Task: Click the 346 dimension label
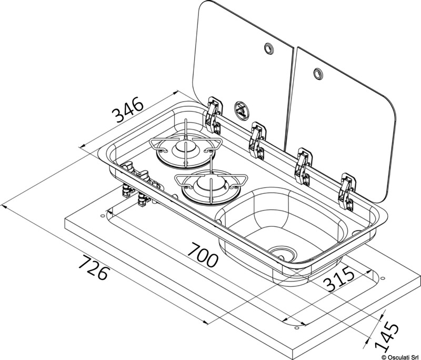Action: click(x=128, y=109)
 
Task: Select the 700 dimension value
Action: click(x=202, y=255)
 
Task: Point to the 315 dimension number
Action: click(x=339, y=279)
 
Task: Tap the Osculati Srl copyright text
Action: click(x=399, y=357)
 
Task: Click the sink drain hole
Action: click(x=282, y=252)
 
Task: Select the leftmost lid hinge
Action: click(x=214, y=115)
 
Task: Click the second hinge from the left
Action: click(x=257, y=141)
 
